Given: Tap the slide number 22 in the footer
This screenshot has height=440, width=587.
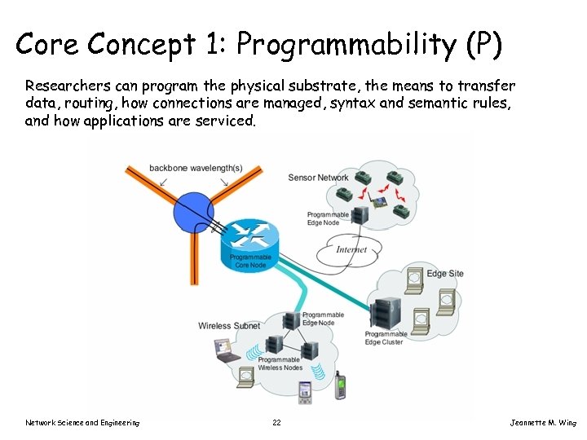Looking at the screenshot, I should [277, 422].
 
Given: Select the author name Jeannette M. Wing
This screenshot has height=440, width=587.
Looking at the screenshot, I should [542, 422].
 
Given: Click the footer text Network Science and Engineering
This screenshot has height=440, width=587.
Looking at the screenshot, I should [82, 422].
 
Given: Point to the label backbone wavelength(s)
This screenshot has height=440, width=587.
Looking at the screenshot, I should [196, 169].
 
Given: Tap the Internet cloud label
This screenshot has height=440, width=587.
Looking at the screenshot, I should [351, 249].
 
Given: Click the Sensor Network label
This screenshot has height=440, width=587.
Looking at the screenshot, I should [318, 178].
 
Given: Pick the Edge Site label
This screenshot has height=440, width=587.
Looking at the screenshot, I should [445, 273].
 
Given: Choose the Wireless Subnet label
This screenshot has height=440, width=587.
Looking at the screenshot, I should [229, 326].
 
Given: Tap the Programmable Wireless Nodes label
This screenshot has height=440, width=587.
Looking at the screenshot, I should [280, 363].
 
